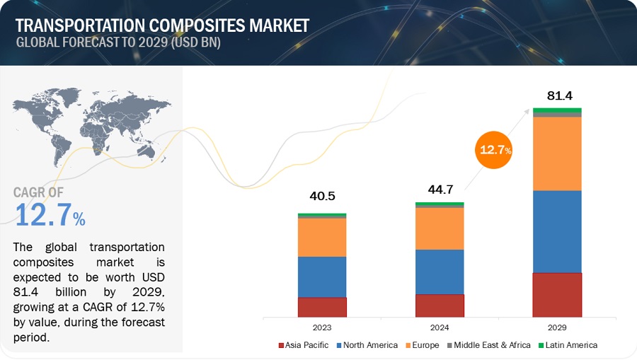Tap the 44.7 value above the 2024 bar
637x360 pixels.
tap(440, 190)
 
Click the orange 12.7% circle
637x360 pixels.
tap(495, 149)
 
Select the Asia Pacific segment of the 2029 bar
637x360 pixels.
tap(556, 294)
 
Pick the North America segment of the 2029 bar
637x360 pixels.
tap(556, 231)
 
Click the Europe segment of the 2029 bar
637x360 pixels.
tap(556, 153)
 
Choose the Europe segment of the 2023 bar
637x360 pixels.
tap(322, 237)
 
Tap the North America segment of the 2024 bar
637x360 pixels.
tap(440, 272)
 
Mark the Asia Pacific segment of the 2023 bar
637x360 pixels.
tap(322, 307)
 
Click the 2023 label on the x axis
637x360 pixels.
tap(322, 328)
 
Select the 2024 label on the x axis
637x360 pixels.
tap(440, 328)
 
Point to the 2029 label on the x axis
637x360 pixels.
tap(556, 328)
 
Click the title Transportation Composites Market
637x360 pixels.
tap(162, 26)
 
